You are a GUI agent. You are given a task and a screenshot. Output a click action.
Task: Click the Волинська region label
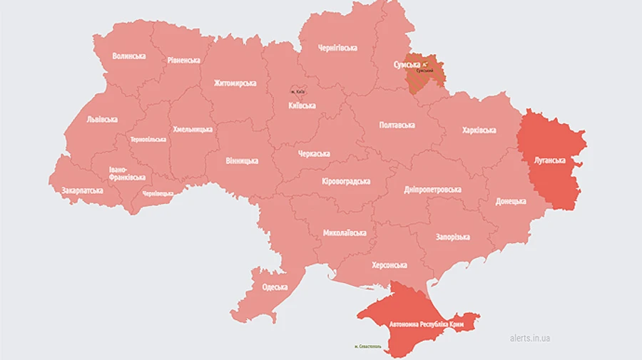[128, 56]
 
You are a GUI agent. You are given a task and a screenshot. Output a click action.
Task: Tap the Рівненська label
[183, 61]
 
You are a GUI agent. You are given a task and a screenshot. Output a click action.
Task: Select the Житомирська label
[235, 83]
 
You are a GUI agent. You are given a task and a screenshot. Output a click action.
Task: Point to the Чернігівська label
[337, 48]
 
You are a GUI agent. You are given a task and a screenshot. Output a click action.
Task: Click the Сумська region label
[407, 64]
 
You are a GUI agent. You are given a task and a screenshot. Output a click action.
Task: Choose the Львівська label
[101, 119]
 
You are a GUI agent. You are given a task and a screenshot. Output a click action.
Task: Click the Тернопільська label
[149, 139]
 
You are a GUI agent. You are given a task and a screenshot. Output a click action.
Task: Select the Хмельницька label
[193, 130]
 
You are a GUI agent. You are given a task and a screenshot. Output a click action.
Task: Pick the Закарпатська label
[82, 190]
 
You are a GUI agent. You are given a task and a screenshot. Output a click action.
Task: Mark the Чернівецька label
[158, 193]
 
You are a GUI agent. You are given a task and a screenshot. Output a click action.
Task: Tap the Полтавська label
[396, 125]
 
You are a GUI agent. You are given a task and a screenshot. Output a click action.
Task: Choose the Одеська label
[275, 287]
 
